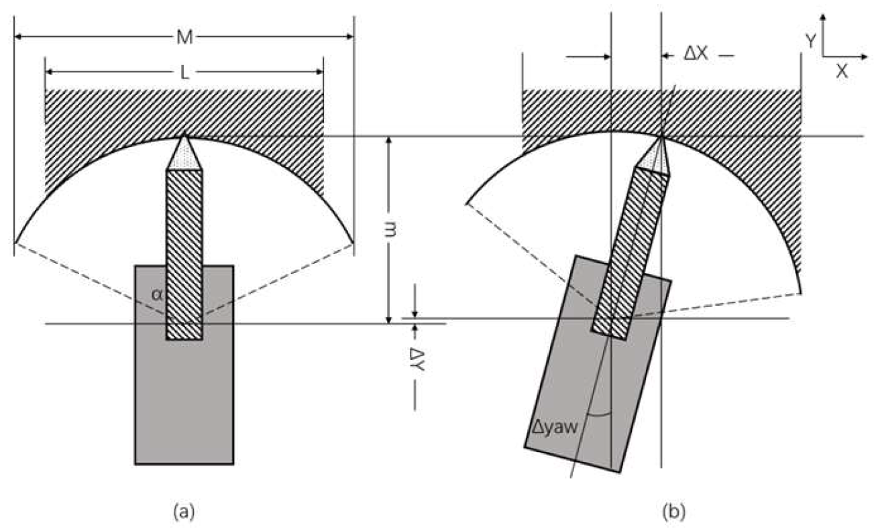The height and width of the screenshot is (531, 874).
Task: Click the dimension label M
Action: (184, 38)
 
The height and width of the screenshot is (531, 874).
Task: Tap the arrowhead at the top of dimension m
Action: (388, 141)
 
